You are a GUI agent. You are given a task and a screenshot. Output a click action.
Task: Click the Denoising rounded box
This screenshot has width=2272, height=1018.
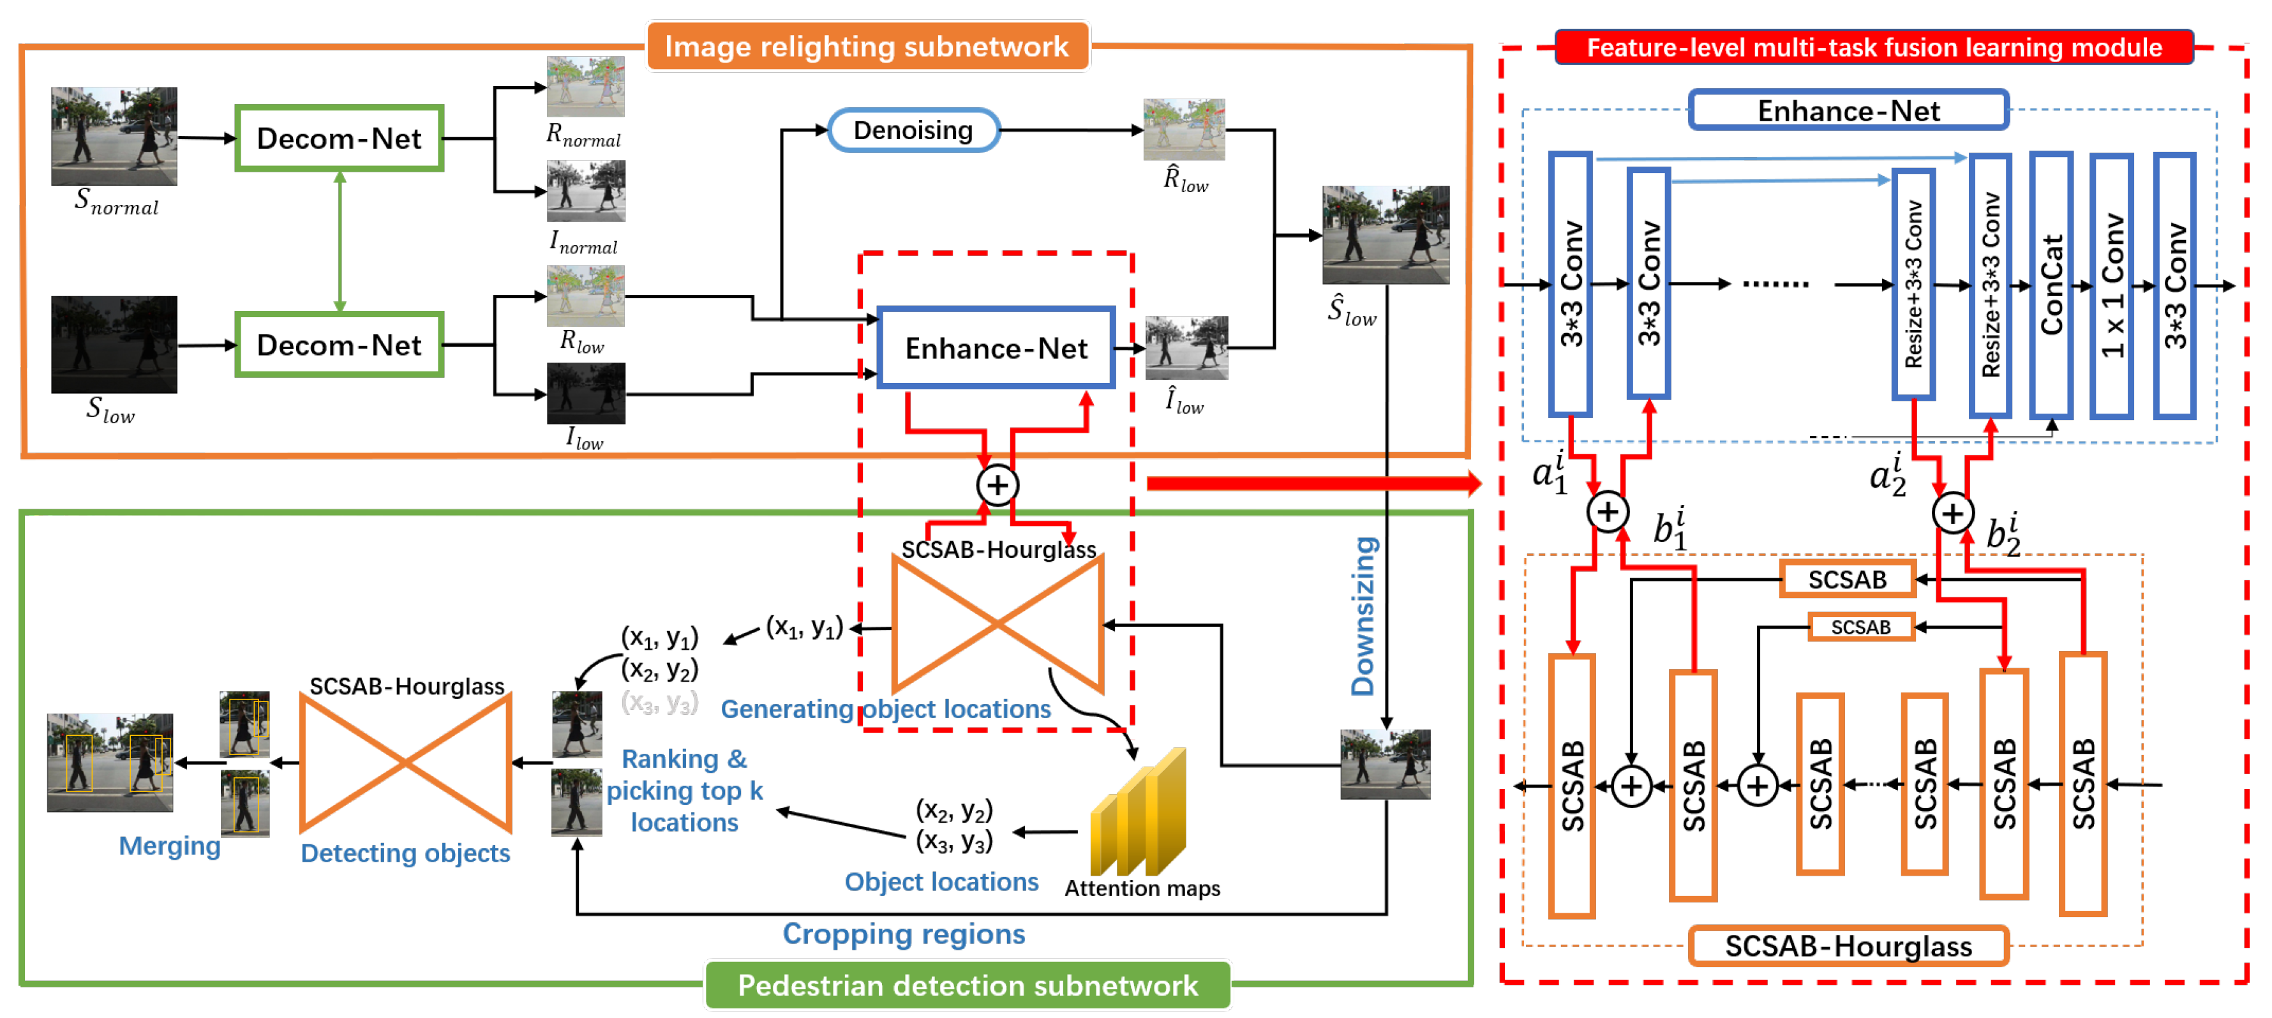[913, 131]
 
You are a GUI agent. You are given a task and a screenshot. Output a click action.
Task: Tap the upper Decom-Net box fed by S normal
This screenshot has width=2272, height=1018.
[339, 138]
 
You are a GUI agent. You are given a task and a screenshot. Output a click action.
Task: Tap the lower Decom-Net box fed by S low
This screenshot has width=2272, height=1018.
[339, 345]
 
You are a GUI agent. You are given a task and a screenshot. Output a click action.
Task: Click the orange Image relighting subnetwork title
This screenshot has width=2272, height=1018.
[867, 46]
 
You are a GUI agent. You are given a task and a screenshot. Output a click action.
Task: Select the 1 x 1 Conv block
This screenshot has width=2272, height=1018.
[2111, 284]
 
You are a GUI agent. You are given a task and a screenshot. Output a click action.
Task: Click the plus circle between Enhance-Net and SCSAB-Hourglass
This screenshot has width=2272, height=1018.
[998, 485]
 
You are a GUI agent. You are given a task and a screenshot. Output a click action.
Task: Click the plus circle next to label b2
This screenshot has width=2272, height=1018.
[1953, 513]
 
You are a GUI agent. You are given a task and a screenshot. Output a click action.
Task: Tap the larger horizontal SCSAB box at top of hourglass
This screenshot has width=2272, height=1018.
[1847, 580]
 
